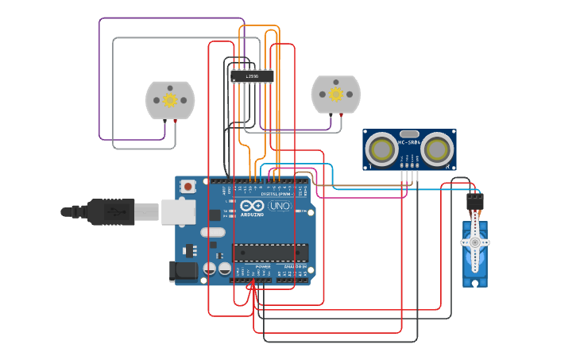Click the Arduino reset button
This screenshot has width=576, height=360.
tap(188, 187)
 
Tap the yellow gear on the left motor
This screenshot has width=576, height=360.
tap(170, 100)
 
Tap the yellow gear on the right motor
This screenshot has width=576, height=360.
tap(336, 95)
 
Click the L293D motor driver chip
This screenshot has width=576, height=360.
tap(252, 77)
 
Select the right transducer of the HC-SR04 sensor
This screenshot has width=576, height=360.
tap(437, 149)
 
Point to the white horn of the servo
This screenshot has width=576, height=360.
tap(475, 242)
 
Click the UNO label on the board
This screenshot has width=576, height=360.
tap(280, 206)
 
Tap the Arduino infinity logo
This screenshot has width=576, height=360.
tap(253, 206)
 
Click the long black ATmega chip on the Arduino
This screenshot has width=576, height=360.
tap(270, 253)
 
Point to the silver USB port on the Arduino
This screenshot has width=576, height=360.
tap(179, 211)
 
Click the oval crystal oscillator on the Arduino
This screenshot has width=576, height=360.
tap(213, 233)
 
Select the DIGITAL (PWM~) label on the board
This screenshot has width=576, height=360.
tap(276, 194)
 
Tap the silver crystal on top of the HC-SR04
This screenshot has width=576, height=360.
tap(409, 134)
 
